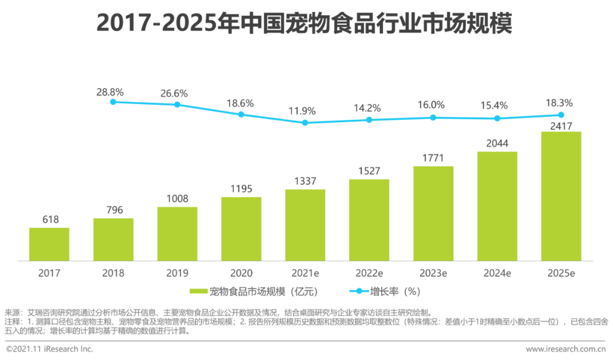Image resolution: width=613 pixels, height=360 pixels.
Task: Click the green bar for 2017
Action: [49, 244]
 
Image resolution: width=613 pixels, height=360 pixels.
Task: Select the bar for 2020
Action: [241, 229]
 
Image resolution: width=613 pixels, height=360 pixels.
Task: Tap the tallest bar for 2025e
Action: [561, 196]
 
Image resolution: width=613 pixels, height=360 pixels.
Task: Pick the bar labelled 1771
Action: [433, 214]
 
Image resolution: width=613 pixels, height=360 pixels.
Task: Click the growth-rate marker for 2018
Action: [113, 102]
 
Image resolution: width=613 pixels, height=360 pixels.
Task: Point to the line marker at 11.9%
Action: [305, 123]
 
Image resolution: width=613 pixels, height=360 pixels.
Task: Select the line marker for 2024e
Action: [497, 118]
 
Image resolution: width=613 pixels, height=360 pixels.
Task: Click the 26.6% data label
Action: [177, 93]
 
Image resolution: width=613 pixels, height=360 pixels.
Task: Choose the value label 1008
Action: [177, 199]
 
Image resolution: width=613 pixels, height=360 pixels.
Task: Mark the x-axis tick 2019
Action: [177, 273]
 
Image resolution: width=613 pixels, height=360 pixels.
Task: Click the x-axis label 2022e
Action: [369, 273]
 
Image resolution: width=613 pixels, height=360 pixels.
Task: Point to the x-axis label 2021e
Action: [305, 273]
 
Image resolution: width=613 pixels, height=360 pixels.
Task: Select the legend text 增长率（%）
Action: [394, 292]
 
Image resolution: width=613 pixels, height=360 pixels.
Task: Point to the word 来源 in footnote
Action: [11, 312]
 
